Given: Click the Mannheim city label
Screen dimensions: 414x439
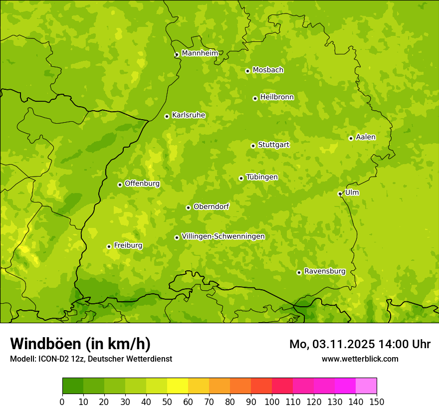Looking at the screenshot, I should (200, 53).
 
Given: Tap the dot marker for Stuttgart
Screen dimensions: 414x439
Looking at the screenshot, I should (253, 146).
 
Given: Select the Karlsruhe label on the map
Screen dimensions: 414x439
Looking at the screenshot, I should (189, 115).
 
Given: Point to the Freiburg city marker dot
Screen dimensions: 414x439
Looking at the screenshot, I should (109, 246).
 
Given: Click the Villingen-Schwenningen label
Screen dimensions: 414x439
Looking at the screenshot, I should (223, 236).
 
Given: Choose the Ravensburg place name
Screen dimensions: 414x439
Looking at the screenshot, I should (325, 271).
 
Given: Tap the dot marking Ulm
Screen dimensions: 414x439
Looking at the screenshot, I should (340, 194).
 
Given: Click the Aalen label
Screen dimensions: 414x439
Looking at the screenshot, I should (366, 137).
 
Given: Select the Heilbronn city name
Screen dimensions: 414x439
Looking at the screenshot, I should (277, 97).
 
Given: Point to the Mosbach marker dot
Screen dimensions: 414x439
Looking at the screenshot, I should (247, 71).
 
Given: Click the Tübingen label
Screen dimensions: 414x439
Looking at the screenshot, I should (262, 177).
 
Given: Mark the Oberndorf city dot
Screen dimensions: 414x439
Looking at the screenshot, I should (188, 207).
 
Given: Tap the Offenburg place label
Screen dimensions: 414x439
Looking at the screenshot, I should (142, 184).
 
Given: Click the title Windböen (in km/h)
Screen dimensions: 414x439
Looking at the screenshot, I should (80, 344).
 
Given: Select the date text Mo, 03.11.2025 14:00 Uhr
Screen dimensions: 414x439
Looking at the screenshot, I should (360, 344).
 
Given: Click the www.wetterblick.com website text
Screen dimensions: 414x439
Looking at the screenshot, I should (360, 359).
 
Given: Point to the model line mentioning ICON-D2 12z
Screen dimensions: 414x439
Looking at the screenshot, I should (91, 359).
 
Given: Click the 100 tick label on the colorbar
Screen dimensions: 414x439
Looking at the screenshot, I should (272, 402).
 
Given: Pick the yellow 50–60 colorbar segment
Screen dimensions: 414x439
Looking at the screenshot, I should (178, 386).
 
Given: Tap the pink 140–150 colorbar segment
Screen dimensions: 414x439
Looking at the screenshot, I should (366, 386).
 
